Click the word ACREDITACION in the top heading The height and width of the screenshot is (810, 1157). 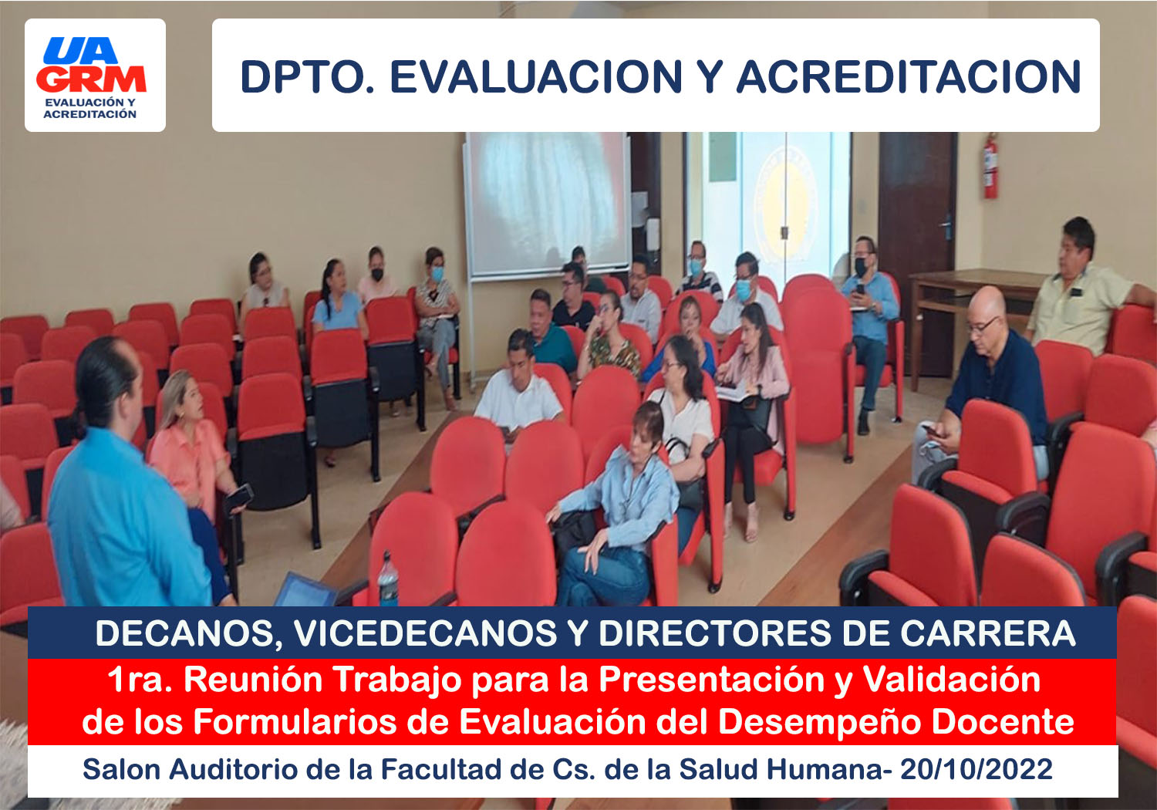909,76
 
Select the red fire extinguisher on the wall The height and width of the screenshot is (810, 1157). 990,166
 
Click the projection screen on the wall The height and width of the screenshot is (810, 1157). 546,205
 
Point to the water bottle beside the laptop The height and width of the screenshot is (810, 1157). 388,579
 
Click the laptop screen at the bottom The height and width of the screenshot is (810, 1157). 305,590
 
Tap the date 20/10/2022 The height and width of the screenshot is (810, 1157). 977,770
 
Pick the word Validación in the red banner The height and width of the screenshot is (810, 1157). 953,679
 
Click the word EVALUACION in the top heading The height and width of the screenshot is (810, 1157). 536,76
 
